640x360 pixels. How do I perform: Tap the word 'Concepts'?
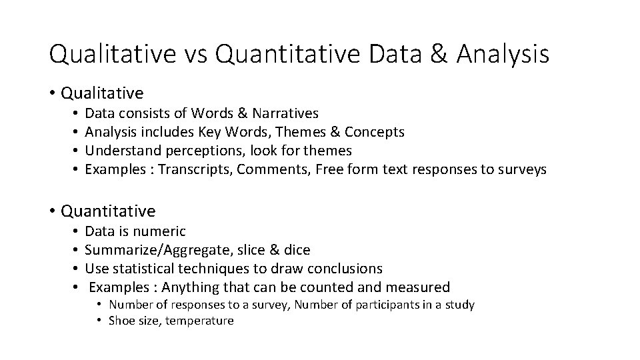(375, 132)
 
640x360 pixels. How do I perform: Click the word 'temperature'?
(200, 321)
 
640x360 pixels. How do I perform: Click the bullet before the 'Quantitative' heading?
(53, 212)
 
